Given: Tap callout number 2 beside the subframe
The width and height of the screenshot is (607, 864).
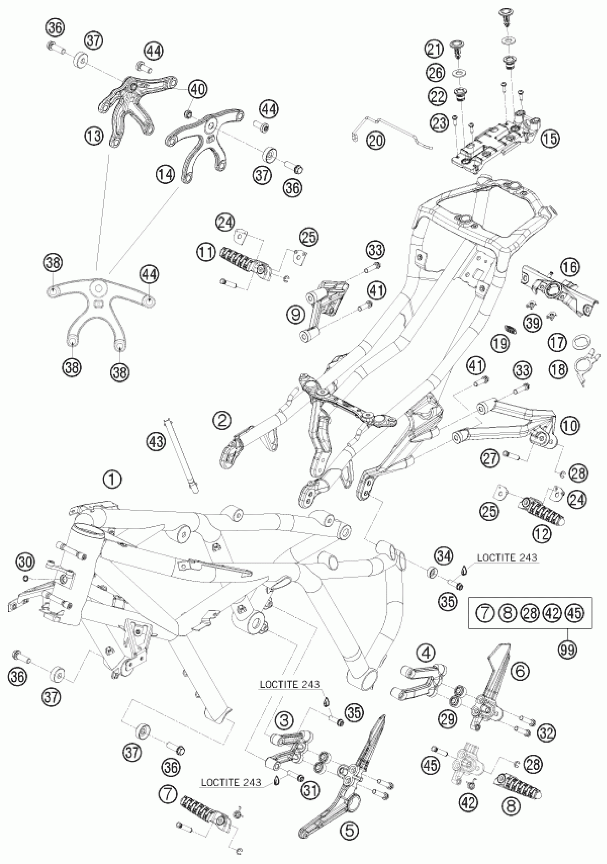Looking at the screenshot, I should [221, 420].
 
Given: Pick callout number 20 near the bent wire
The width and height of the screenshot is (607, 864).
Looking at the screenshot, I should [376, 140].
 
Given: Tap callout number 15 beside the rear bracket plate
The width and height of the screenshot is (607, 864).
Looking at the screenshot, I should [550, 139].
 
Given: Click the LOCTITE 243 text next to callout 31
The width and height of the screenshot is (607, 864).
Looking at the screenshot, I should [231, 779].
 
